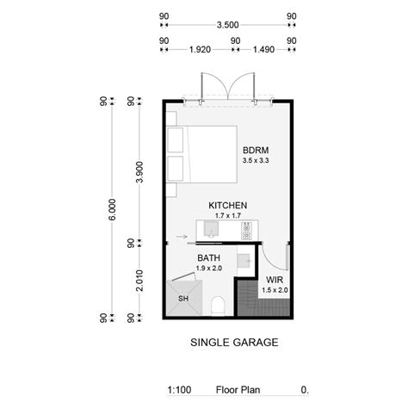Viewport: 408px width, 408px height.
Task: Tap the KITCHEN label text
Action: (x=228, y=206)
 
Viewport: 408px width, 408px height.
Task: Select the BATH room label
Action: (x=208, y=258)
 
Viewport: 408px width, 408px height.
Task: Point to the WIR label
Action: (x=275, y=281)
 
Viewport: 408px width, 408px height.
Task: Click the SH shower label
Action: (x=182, y=299)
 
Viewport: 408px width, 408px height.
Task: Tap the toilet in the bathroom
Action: (x=218, y=304)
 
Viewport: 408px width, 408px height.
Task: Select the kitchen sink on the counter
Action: (x=212, y=229)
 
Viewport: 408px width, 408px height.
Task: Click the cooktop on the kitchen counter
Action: (x=247, y=231)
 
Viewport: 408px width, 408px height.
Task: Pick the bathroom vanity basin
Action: (x=244, y=258)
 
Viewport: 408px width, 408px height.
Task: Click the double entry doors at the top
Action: (x=228, y=86)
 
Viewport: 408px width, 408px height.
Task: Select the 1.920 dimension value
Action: (x=200, y=51)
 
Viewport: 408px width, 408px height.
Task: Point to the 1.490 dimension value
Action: (x=264, y=51)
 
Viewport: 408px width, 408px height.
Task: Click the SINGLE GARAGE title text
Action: (x=233, y=343)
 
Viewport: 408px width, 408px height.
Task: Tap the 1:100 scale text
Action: (x=179, y=389)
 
